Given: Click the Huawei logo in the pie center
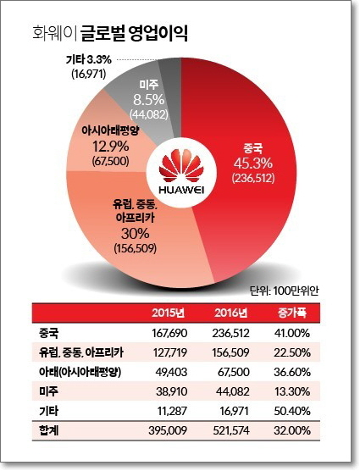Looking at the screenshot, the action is pos(181,174).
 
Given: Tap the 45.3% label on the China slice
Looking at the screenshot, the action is pos(253,163).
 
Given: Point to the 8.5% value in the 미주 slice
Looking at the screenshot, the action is pos(149,100).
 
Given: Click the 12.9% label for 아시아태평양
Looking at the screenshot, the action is pos(110,147).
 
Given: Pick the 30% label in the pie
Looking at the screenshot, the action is pos(136,234).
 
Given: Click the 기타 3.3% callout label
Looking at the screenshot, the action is pos(89,60).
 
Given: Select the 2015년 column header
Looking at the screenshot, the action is pos(168,313).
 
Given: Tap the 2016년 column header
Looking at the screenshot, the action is pos(231,313).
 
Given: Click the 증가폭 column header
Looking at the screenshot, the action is pos(292,313).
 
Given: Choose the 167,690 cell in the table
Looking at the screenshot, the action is pos(169,333).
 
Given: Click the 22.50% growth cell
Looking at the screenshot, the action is pos(292,352).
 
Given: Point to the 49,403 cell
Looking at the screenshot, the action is pos(171,372).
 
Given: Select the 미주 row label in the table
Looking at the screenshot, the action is pos(48,391).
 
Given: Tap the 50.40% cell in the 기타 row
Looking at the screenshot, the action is pos(292,411).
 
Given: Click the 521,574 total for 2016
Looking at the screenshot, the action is pos(231,430).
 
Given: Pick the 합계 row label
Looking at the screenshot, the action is pos(48,430).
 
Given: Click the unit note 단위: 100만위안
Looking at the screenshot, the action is pos(284,291).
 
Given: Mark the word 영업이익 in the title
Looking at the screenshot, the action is pos(158,32).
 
